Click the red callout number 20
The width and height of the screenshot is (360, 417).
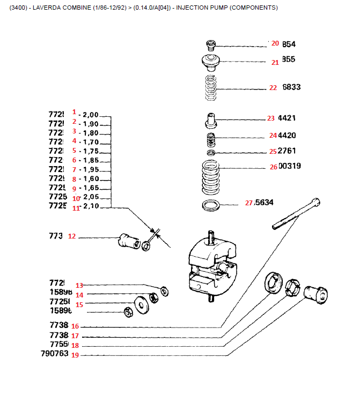[275, 43]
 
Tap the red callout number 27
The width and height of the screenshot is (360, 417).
[248, 203]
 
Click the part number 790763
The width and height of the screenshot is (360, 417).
[55, 354]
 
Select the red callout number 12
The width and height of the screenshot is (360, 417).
[72, 236]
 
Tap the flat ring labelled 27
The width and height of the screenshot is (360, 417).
[211, 205]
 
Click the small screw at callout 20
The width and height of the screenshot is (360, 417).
[211, 44]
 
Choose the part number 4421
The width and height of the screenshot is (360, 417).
[286, 118]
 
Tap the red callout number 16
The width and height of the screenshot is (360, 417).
[75, 326]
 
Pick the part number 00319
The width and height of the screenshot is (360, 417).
[290, 166]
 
